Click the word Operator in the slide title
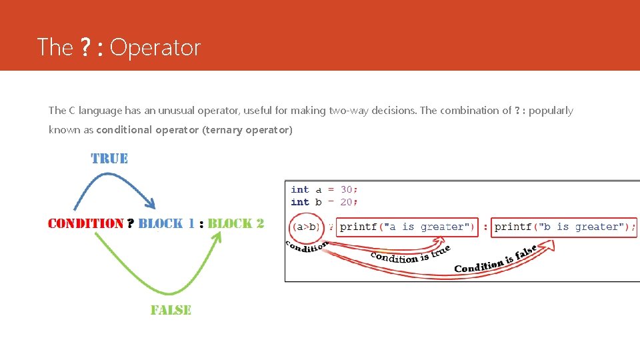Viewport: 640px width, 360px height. tap(155, 47)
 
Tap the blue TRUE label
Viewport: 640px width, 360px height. tap(109, 159)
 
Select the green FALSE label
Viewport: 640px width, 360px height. tap(171, 310)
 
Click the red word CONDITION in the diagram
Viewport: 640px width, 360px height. tap(86, 223)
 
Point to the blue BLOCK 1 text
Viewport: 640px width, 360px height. tap(167, 223)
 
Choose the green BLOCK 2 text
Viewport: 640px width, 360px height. tap(236, 223)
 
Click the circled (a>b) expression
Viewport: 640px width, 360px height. tap(306, 227)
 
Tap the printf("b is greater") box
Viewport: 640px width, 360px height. tap(563, 227)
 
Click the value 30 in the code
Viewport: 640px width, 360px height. tap(347, 189)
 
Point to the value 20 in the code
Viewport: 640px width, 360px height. tap(347, 202)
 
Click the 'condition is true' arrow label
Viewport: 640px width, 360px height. tap(410, 254)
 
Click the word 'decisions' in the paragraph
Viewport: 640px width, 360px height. tap(393, 111)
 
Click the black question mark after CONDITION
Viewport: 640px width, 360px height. tap(131, 223)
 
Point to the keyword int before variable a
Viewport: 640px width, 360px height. tap(300, 189)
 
